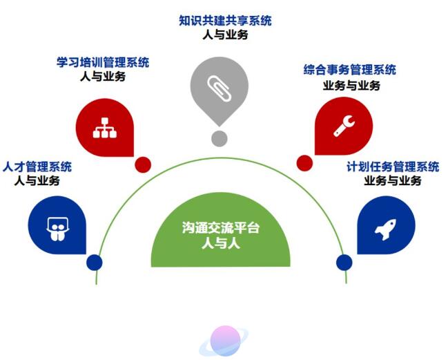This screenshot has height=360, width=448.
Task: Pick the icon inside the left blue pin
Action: coord(56,225)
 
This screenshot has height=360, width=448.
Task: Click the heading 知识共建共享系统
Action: coord(225,20)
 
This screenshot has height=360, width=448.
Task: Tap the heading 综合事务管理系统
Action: coord(350,70)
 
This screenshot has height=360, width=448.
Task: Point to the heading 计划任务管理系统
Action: coord(392,167)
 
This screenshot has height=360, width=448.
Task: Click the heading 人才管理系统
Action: coord(37,167)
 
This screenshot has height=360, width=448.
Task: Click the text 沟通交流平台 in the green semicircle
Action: coord(220,227)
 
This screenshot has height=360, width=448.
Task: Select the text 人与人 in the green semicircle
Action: coord(220,243)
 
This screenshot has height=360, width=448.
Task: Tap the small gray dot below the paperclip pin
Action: coord(219,138)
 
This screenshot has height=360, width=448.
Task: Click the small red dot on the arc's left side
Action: coord(143,164)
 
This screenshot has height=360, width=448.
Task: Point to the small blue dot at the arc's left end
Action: coord(95,263)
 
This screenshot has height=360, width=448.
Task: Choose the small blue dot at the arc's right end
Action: coord(343,263)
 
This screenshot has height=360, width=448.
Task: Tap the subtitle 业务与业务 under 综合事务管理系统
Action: coord(351,86)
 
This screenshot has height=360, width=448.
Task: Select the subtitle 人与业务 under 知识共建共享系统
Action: coord(225,35)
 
